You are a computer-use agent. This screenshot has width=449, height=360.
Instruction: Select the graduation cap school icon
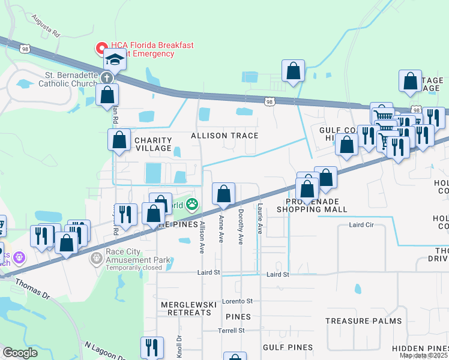pyautogui.click(x=114, y=59)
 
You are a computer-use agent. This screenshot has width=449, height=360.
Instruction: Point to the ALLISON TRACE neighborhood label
pyautogui.click(x=224, y=136)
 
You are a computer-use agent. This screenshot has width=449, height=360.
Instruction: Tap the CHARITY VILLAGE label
pyautogui.click(x=154, y=145)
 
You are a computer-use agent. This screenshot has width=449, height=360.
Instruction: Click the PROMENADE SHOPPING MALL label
pyautogui.click(x=312, y=205)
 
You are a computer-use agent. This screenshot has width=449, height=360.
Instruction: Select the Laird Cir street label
pyautogui.click(x=361, y=226)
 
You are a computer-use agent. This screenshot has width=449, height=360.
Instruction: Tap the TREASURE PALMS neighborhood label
pyautogui.click(x=364, y=321)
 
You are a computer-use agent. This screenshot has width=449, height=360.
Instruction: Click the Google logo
pyautogui.click(x=20, y=353)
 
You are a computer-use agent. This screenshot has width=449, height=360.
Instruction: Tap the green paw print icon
pyautogui.click(x=191, y=205)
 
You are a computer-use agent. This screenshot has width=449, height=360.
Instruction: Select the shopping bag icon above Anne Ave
pyautogui.click(x=223, y=194)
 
